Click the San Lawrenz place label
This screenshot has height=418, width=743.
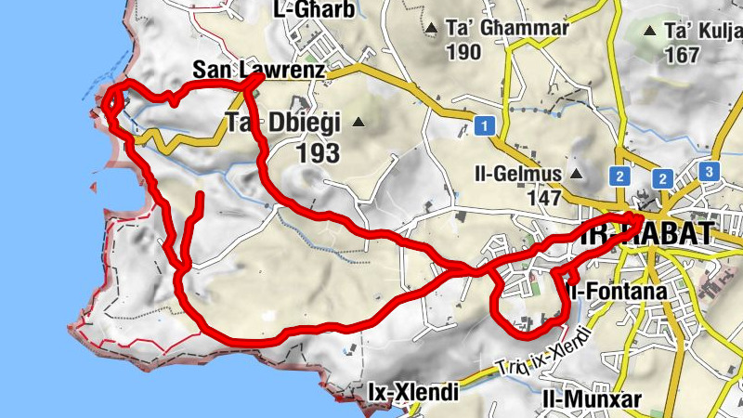click(259, 70)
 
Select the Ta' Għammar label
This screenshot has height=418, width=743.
click(510, 29)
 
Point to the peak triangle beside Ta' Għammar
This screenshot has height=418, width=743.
click(431, 30)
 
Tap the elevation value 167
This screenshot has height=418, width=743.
click(682, 55)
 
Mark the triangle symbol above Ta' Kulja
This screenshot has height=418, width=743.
click(651, 30)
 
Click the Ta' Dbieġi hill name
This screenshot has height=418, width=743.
click(284, 122)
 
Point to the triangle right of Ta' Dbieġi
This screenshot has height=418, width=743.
click(358, 123)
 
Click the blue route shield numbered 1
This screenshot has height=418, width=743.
click(483, 125)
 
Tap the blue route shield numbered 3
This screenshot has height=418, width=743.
click(709, 172)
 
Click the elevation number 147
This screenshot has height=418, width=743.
click(542, 197)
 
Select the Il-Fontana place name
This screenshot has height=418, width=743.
click(618, 292)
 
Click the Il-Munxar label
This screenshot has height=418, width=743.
click(592, 398)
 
